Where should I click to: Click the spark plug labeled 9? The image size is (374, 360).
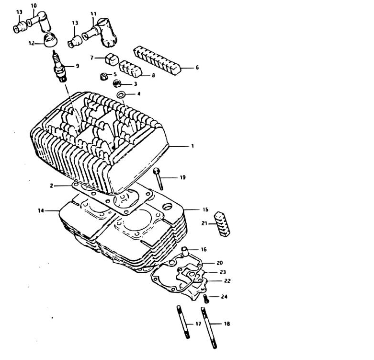pyautogui.click(x=59, y=66)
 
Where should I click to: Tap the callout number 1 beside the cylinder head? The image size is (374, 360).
pyautogui.click(x=193, y=146)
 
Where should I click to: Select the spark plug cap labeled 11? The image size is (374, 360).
pyautogui.click(x=100, y=32)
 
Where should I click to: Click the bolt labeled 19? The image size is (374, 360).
pyautogui.click(x=159, y=179)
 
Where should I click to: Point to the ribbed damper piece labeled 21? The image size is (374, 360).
pyautogui.click(x=223, y=224)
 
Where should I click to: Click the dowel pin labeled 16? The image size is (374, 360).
pyautogui.click(x=184, y=251)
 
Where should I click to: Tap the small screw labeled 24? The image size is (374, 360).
pyautogui.click(x=206, y=299)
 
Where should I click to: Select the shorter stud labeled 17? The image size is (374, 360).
pyautogui.click(x=183, y=322)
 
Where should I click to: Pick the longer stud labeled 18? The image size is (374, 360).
pyautogui.click(x=209, y=327)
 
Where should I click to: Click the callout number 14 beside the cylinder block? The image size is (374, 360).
pyautogui.click(x=41, y=210)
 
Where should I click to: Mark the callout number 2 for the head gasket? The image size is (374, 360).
pyautogui.click(x=52, y=186)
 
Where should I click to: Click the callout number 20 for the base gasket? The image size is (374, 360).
pyautogui.click(x=219, y=263)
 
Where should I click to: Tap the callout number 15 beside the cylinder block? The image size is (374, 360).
pyautogui.click(x=205, y=209)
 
